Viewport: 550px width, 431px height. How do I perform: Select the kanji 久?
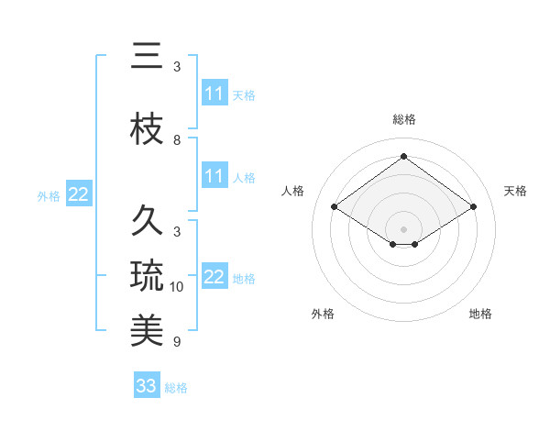[147, 221]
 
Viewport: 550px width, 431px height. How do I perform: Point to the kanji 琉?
[147, 275]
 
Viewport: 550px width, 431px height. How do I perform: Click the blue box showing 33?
[147, 386]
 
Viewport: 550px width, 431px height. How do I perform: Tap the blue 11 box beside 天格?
[214, 94]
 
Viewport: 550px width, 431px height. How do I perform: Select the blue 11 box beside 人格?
[214, 176]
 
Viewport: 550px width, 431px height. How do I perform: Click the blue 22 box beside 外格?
[79, 194]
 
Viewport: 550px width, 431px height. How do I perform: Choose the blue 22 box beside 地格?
[214, 277]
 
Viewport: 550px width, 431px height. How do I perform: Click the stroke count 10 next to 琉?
[177, 287]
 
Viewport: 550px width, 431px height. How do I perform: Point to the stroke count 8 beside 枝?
[177, 140]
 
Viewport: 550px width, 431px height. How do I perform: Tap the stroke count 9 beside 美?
[177, 342]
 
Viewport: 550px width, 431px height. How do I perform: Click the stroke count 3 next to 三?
[177, 67]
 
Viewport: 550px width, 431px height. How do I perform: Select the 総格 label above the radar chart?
[403, 119]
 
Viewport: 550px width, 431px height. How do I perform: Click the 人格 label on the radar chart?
[293, 191]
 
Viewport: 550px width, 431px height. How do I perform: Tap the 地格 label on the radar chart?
[480, 314]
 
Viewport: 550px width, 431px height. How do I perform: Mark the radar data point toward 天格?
[473, 207]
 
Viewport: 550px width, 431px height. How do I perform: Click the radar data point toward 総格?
[403, 157]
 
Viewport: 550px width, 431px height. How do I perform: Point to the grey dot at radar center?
[403, 227]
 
